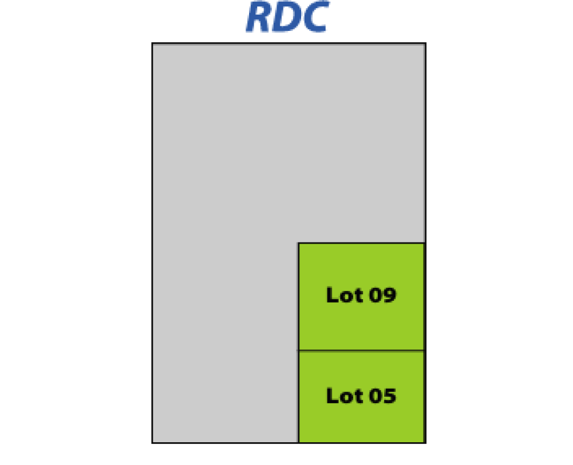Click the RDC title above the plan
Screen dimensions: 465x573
pos(286,18)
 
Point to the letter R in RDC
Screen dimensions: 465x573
pos(258,18)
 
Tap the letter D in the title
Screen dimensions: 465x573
pos(286,18)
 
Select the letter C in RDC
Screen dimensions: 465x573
pos(313,18)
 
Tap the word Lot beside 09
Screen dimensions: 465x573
pos(344,295)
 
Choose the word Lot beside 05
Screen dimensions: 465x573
pos(344,396)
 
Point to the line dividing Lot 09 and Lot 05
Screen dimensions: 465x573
pos(361,351)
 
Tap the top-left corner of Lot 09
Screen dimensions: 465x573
pos(299,243)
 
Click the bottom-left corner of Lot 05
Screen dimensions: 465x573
pos(299,442)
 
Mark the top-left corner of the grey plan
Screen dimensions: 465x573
pos(153,44)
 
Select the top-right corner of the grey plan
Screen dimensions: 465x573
pos(425,44)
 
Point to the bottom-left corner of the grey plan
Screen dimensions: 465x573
pos(153,442)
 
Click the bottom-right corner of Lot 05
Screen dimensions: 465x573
pos(424,442)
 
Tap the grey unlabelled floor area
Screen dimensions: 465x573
pos(225,234)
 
